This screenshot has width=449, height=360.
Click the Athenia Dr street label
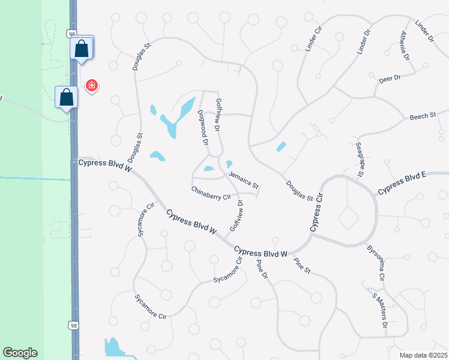[405, 46]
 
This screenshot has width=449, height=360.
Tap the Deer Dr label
[389, 79]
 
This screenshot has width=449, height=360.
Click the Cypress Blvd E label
[402, 183]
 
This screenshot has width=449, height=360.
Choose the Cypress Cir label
[317, 212]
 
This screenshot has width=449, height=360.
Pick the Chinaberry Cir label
[211, 193]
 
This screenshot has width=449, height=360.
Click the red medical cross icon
[92, 86]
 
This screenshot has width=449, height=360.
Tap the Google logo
[20, 353]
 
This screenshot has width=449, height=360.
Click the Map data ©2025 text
[423, 355]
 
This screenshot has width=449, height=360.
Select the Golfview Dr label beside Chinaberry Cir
[237, 217]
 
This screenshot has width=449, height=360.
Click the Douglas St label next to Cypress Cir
[300, 191]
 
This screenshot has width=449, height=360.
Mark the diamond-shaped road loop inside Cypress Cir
[348, 217]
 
